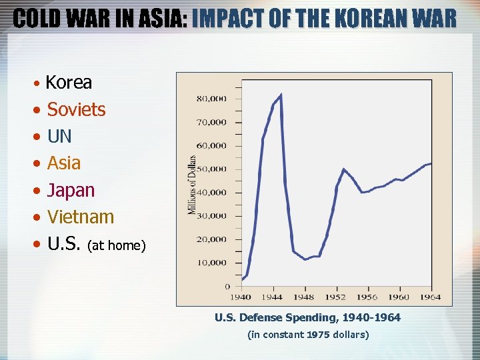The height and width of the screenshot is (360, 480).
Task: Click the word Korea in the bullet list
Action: click(69, 83)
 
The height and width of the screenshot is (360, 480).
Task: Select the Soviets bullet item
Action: click(76, 109)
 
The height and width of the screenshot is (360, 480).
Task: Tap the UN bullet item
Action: click(59, 137)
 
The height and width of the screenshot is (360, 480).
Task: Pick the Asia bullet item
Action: click(64, 163)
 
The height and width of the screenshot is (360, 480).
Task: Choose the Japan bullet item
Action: click(71, 191)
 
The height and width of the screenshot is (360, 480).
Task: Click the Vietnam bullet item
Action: click(80, 217)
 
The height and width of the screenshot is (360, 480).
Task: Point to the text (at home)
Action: click(117, 246)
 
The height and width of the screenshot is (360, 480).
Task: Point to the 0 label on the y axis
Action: click(227, 287)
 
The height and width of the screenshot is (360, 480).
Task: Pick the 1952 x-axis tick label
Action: click(336, 297)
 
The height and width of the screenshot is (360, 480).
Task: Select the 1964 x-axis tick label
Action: click(431, 297)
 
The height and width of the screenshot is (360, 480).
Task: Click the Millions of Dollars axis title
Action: click(192, 185)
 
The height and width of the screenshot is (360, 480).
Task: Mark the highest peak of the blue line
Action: click(281, 95)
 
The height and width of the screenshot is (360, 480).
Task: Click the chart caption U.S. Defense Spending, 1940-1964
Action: click(307, 318)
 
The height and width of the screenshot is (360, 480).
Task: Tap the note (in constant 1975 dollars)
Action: click(307, 335)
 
